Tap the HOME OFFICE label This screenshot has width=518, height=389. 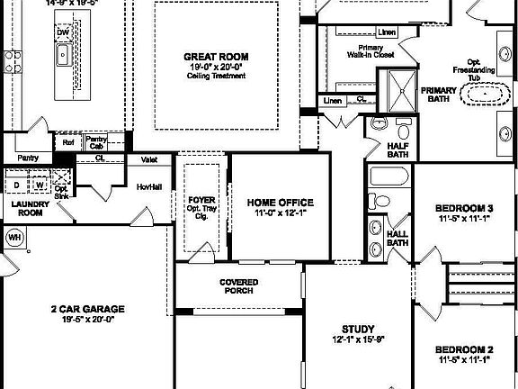coord(281,202)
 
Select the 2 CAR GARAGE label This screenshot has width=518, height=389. coord(87,309)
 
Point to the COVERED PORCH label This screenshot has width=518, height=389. coord(237,286)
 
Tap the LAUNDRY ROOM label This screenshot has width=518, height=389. coord(28,209)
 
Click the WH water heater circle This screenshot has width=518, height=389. coord(13,237)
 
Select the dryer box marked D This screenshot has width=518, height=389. coord(16,185)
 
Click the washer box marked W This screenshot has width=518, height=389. coord(40,185)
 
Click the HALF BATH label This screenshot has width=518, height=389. coord(398,150)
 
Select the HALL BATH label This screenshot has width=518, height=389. coord(397,238)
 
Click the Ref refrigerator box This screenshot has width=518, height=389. coord(68,142)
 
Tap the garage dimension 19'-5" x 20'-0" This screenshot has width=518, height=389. coord(87,320)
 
